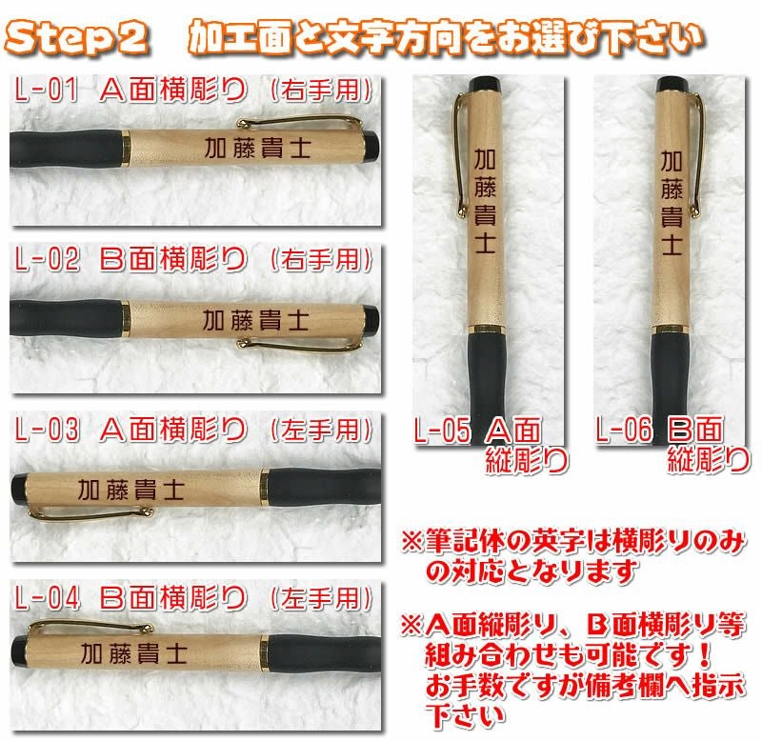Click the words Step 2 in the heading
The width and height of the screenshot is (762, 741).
click(x=76, y=37)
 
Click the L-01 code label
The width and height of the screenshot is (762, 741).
click(x=46, y=90)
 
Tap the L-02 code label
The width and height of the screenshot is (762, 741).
click(x=47, y=258)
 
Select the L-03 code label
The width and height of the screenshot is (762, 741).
click(x=47, y=430)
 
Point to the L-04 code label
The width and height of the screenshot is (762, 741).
click(x=47, y=598)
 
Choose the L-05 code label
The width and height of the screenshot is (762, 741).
click(x=442, y=430)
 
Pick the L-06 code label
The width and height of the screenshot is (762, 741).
click(x=624, y=430)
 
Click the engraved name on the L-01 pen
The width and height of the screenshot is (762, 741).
click(x=257, y=148)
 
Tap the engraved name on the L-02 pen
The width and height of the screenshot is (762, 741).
click(x=255, y=320)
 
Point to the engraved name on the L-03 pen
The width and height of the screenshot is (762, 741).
click(x=131, y=490)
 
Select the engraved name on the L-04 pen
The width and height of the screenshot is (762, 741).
click(x=133, y=653)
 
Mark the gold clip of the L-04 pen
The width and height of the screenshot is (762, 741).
click(x=90, y=626)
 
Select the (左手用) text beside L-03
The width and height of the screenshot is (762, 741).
click(x=321, y=430)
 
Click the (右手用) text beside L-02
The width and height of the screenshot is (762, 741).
click(x=321, y=259)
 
